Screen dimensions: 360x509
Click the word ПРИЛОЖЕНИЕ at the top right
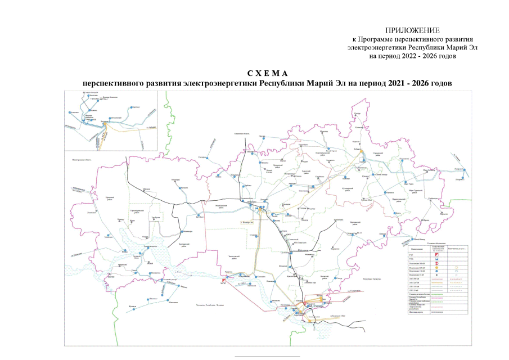tap(412, 29)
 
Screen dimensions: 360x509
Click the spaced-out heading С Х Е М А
tap(267, 74)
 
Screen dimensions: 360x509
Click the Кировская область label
tap(245, 133)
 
